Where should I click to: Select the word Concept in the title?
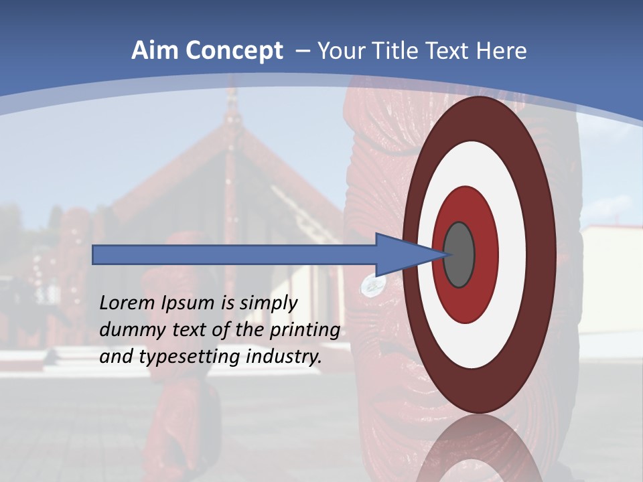coord(234,51)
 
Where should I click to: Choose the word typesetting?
coord(190,357)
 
